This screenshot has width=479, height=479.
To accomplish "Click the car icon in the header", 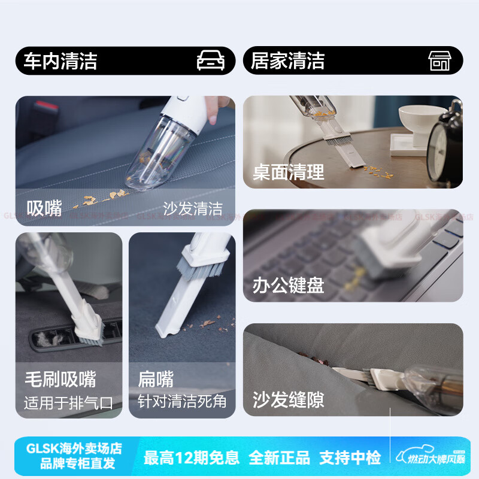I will click(x=211, y=60).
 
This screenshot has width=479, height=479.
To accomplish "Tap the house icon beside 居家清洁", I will click(x=439, y=60).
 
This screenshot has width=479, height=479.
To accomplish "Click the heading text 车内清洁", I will click(x=60, y=61).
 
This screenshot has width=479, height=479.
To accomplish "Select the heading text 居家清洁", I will click(x=287, y=61).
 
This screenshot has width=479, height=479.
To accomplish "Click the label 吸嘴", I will click(x=44, y=208).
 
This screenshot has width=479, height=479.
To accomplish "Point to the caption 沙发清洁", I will click(x=193, y=208).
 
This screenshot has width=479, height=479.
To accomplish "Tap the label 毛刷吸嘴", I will click(x=60, y=379).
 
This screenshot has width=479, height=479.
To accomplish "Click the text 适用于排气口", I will click(x=68, y=402).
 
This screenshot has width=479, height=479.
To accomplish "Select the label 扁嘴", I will click(x=156, y=379).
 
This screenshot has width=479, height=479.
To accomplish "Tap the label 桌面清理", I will click(x=288, y=172).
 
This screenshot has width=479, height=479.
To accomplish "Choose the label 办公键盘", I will click(x=288, y=285).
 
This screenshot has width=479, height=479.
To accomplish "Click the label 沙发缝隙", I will click(x=288, y=399).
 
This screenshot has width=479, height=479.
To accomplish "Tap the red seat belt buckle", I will click(x=47, y=111).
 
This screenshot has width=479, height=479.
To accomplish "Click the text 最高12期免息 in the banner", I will click(x=191, y=458).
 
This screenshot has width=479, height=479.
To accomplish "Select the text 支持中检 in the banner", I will click(x=350, y=458).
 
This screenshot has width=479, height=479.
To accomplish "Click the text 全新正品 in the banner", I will click(x=279, y=458).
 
